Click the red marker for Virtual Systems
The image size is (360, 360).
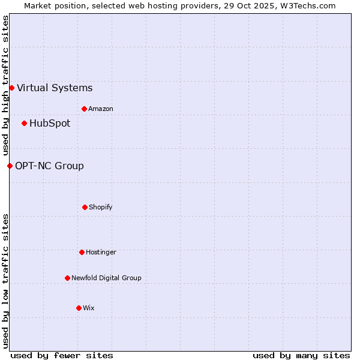pos(11,88)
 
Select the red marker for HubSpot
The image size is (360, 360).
pos(24,124)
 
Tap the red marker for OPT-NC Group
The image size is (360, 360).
pos(10,166)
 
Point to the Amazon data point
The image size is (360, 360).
pos(84,109)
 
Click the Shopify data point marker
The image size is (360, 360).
pos(85,208)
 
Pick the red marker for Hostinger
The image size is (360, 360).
pos(82,253)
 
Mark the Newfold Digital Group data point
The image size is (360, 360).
pos(67,278)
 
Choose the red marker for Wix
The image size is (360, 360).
pos(79,308)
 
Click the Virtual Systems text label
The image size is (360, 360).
pos(55,88)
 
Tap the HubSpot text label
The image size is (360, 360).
pos(50,124)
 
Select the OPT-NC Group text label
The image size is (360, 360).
pos(49,166)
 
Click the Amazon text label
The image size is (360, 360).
pos(101,109)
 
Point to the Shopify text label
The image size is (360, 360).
pos(101,208)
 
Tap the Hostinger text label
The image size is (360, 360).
pos(101,253)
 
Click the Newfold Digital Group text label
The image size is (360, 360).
pos(106,278)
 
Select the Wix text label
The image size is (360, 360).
pos(89,308)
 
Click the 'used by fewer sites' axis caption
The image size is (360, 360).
pos(62,356)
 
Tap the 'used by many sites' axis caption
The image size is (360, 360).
pos(301,356)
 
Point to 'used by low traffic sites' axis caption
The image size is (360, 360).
pos(5,280)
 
